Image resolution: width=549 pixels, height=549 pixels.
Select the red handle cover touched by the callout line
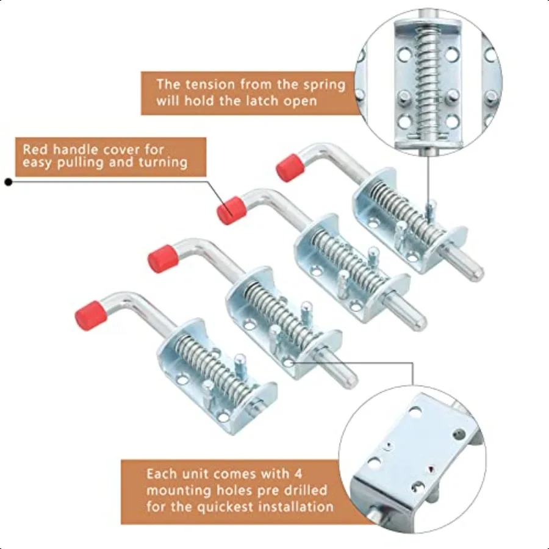[x=232, y=210]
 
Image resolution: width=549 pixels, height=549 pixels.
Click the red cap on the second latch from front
[x=163, y=257]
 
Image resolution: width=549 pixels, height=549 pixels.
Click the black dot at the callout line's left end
[x=9, y=181]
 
